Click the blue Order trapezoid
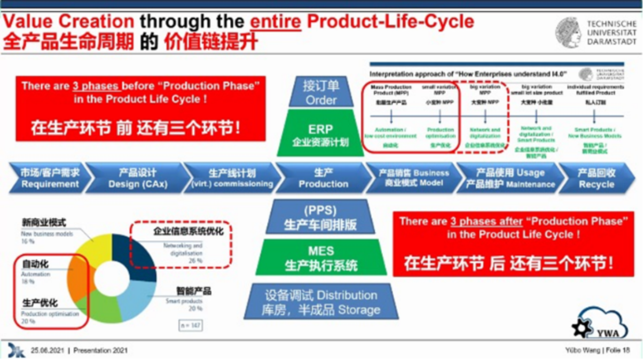320,92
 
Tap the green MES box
321,257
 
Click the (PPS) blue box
320,217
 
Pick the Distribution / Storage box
321,302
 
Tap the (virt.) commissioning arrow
232,178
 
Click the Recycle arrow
596,178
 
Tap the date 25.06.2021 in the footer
48,350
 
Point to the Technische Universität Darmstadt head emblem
568,33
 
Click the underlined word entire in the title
276,21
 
